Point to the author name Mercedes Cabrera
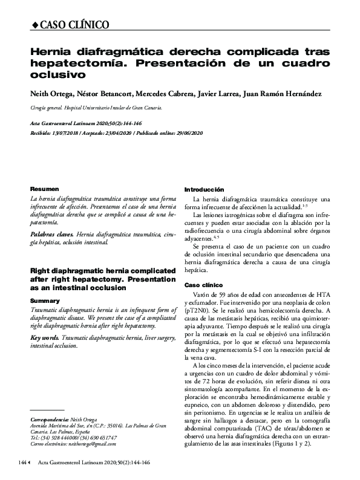click(157, 94)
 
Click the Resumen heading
click(41, 189)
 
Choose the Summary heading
click(41, 300)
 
